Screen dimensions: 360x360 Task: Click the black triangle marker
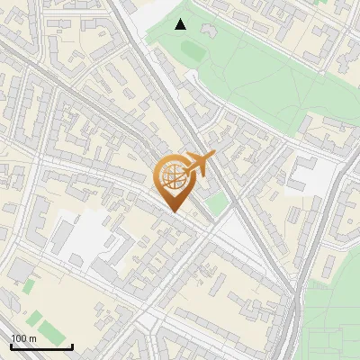click(x=181, y=24)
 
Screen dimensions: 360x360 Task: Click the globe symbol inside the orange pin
click(x=171, y=176)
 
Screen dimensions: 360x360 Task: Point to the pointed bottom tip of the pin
click(x=174, y=212)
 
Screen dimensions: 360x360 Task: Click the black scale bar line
click(x=41, y=346)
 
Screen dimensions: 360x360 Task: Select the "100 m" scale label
click(x=23, y=338)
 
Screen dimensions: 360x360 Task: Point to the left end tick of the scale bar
click(x=11, y=345)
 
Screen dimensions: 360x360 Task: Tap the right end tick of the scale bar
click(x=72, y=345)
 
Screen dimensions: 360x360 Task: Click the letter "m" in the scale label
click(x=32, y=338)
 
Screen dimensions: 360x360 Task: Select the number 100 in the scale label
click(x=19, y=338)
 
